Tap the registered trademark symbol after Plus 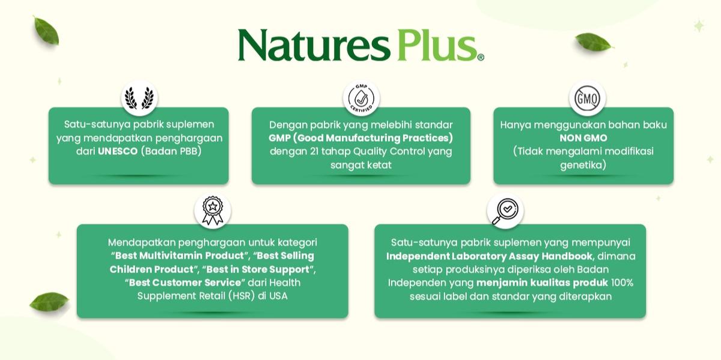pyautogui.click(x=481, y=58)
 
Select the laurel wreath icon pyautogui.click(x=139, y=97)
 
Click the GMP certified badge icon pyautogui.click(x=361, y=97)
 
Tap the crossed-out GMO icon pyautogui.click(x=586, y=98)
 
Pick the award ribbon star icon pyautogui.click(x=212, y=210)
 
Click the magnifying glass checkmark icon pyautogui.click(x=505, y=210)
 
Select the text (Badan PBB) pyautogui.click(x=171, y=151)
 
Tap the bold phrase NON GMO pyautogui.click(x=583, y=138)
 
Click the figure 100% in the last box pyautogui.click(x=622, y=282)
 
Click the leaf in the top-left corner pyautogui.click(x=46, y=31)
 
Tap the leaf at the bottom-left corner pyautogui.click(x=49, y=301)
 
